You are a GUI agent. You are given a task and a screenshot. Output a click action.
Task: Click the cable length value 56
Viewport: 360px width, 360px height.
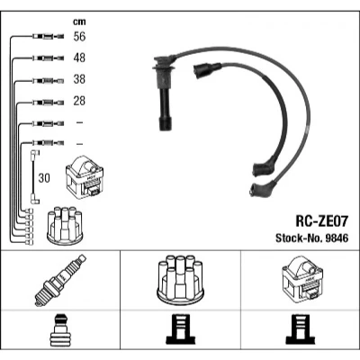79,37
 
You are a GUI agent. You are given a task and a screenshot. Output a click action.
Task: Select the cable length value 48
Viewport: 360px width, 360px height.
79,58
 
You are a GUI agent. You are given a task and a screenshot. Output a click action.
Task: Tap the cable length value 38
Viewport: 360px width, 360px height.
79,79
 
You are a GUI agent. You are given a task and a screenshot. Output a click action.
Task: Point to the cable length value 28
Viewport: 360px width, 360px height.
79,101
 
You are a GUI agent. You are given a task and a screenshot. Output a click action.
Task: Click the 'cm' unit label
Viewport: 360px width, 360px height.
79,22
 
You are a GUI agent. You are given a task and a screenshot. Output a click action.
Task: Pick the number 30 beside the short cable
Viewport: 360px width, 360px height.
44,178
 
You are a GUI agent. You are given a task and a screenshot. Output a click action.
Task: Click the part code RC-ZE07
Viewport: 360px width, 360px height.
322,221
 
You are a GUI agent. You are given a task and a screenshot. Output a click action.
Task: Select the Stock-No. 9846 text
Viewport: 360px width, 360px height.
312,238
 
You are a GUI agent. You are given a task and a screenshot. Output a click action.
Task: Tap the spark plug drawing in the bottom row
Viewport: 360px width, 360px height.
60,281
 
